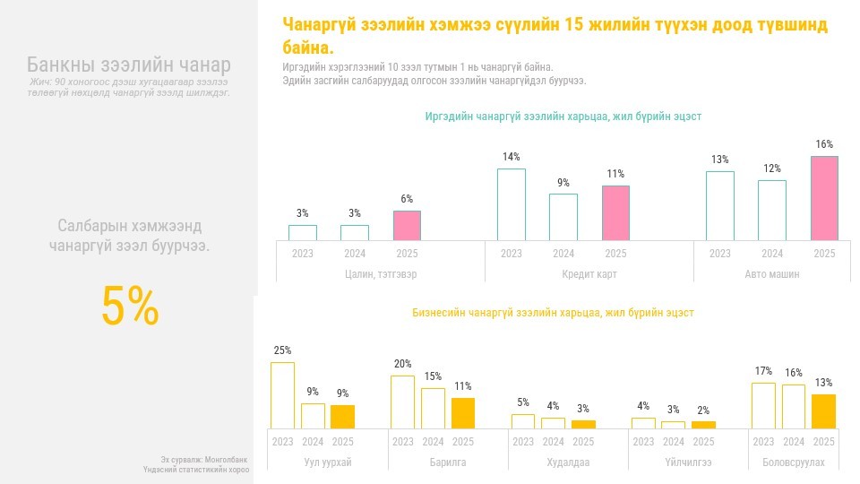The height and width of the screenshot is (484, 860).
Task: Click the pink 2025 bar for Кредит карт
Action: click(615, 212)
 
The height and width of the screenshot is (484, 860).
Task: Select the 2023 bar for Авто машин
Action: click(719, 205)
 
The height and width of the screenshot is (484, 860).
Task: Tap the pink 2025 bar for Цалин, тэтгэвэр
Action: click(407, 225)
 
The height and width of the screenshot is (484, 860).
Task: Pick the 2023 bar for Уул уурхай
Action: click(282, 395)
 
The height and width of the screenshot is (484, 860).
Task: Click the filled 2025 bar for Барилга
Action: click(462, 413)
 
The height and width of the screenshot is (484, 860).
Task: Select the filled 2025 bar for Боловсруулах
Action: click(823, 411)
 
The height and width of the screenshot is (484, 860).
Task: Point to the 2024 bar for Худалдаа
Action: click(553, 423)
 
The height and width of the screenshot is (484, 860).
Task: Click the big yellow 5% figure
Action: click(130, 307)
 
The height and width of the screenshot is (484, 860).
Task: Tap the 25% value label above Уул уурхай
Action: click(282, 350)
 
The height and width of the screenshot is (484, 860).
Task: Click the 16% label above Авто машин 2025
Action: click(824, 144)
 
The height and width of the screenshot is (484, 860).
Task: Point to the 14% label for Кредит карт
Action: click(511, 157)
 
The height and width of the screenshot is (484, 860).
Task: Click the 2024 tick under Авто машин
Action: click(771, 254)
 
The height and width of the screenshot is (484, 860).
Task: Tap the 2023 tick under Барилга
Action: click(402, 442)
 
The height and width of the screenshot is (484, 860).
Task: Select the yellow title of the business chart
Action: click(553, 313)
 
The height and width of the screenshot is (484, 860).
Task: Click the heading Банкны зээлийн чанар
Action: click(128, 65)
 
